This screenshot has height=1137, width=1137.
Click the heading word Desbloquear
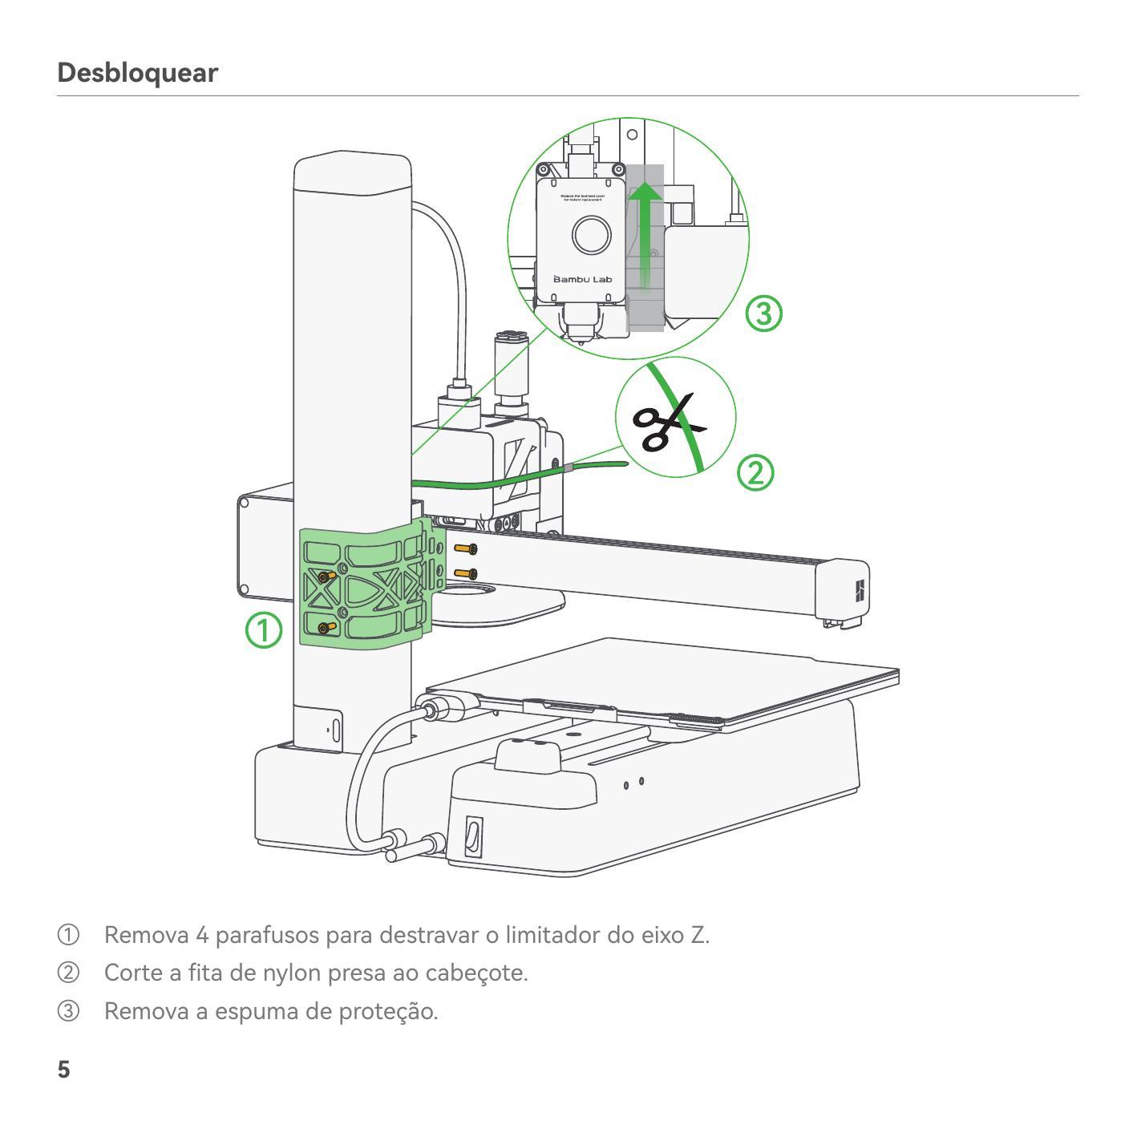click(137, 73)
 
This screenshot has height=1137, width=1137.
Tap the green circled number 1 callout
click(264, 630)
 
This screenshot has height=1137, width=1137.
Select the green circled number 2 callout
click(755, 473)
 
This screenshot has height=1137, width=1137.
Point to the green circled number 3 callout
click(763, 313)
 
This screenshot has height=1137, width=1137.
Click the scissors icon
click(666, 421)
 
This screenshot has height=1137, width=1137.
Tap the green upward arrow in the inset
click(645, 233)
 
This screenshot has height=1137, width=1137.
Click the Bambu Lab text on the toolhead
click(583, 279)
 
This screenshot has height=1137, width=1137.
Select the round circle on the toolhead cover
click(592, 235)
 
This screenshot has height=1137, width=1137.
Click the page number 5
click(63, 1070)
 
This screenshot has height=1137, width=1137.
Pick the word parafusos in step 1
click(266, 935)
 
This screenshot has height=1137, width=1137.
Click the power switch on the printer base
click(474, 836)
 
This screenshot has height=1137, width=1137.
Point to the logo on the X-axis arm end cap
click(860, 592)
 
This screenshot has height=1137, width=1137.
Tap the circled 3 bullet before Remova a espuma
click(68, 1010)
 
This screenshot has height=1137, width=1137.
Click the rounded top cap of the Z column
click(353, 172)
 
